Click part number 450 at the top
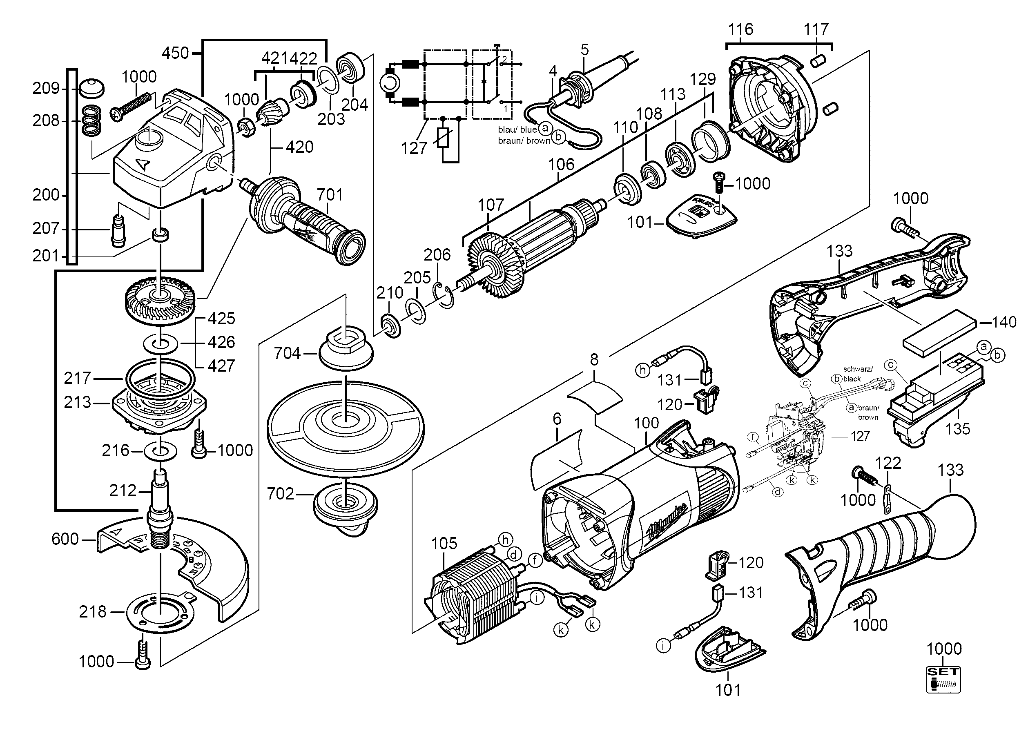[x=175, y=54]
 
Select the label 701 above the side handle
[x=330, y=195]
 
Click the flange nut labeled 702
[x=346, y=510]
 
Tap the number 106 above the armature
[x=561, y=165]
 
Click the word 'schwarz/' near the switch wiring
[x=858, y=369]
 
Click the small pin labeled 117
[x=818, y=60]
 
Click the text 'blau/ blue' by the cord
[x=517, y=130]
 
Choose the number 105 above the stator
[x=444, y=544]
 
